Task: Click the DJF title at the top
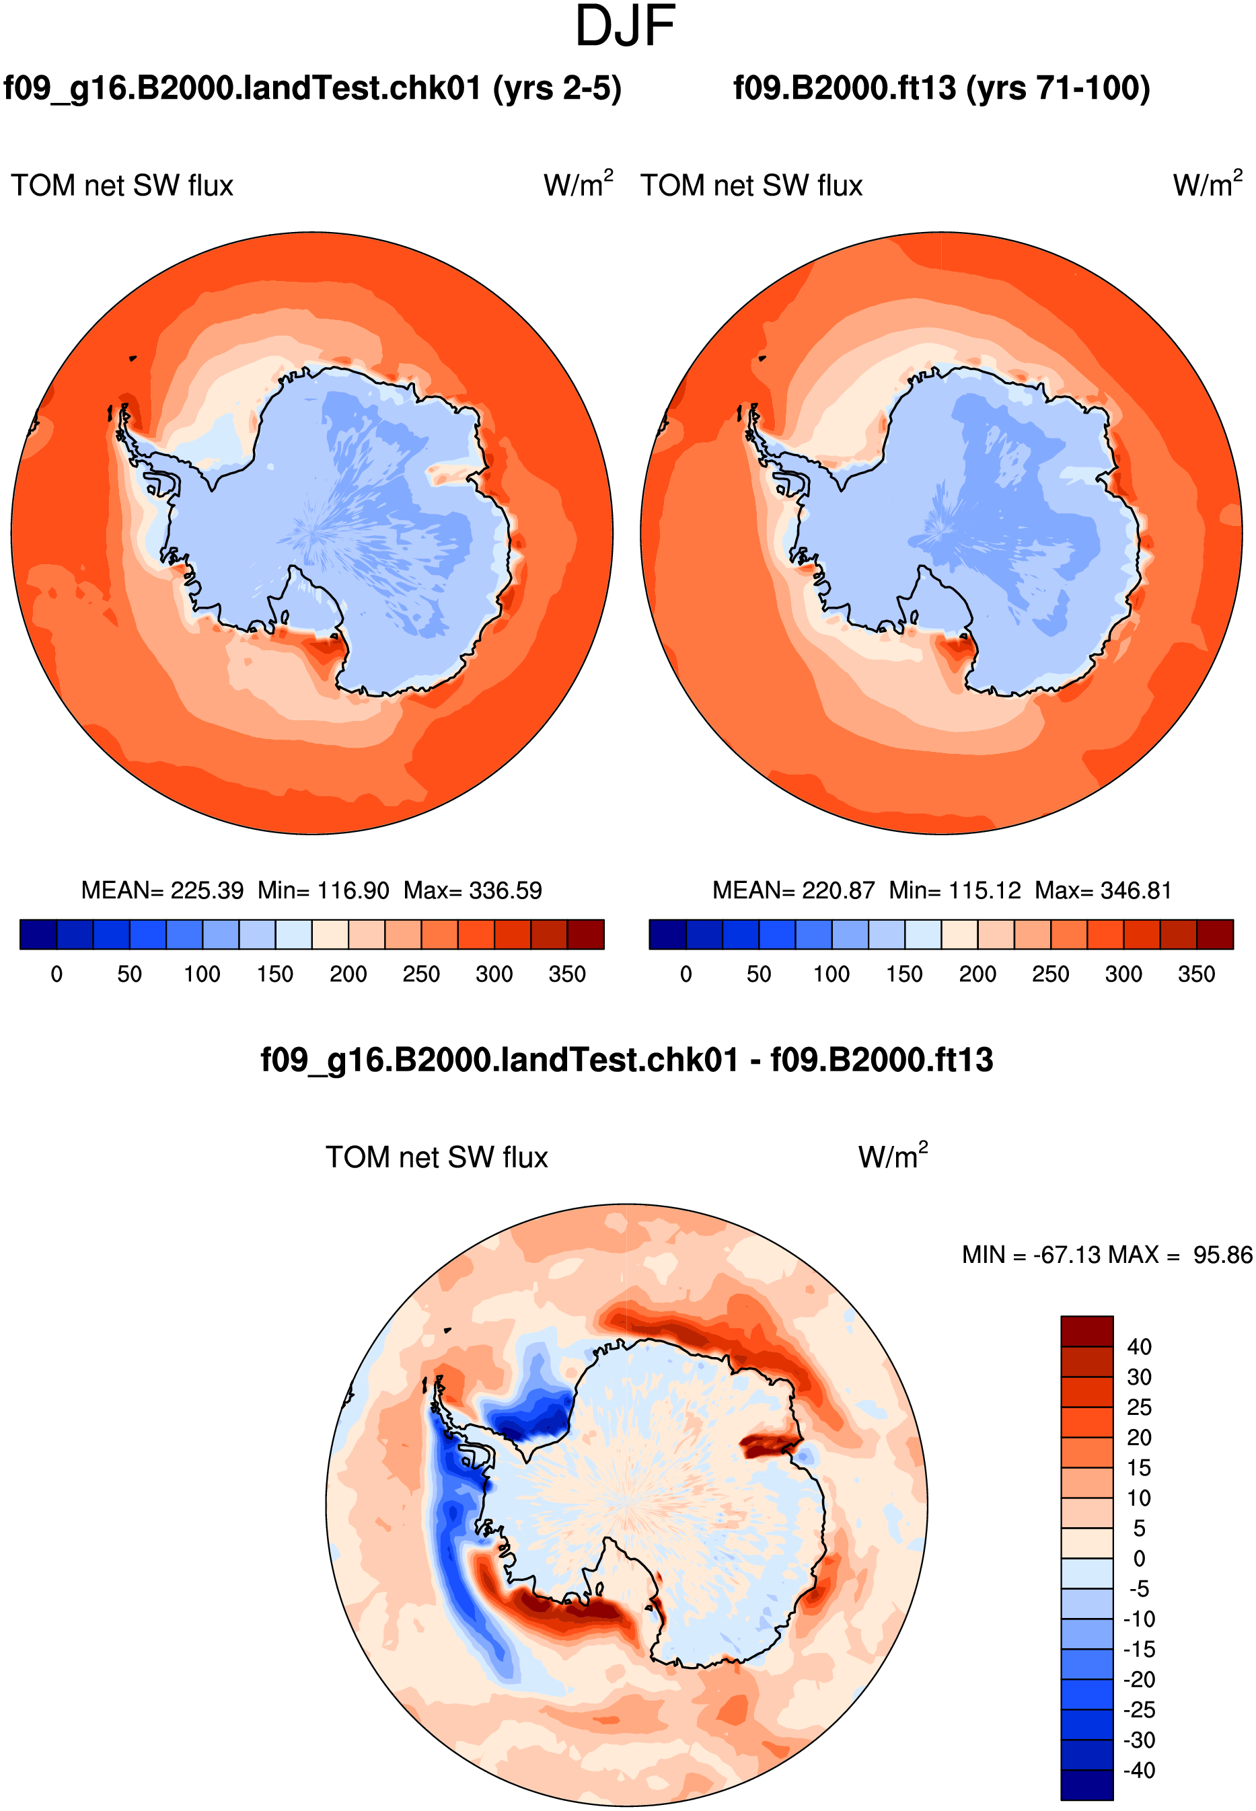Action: (625, 26)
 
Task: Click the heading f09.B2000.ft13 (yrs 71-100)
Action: (941, 88)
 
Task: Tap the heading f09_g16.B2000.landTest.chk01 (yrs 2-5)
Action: (312, 88)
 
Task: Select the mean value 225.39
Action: (207, 890)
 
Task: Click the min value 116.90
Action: (353, 890)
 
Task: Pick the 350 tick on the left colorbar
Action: (567, 974)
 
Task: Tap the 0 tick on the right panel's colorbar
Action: (686, 974)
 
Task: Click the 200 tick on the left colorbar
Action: (348, 974)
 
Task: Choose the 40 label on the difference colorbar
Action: (1139, 1347)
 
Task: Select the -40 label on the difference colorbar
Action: (1139, 1770)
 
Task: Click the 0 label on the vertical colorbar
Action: (1139, 1558)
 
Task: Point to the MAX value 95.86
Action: (1222, 1255)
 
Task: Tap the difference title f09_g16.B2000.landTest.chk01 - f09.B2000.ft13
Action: (626, 1060)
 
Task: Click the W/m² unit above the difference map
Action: (893, 1156)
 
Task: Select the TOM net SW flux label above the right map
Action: (751, 186)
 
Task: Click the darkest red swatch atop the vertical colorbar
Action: (1086, 1331)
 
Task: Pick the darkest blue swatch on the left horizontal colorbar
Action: (38, 935)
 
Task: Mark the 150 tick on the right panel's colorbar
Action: (904, 974)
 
